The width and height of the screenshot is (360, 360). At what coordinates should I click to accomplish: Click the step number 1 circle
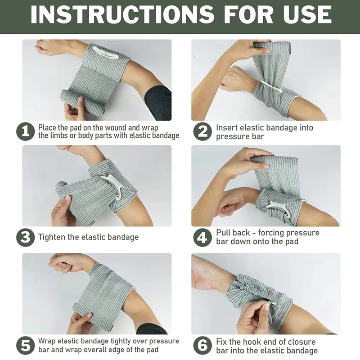pyautogui.click(x=25, y=131)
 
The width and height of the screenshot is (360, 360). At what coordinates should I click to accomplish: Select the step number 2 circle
pyautogui.click(x=202, y=131)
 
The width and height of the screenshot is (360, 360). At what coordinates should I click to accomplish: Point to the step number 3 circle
pyautogui.click(x=25, y=237)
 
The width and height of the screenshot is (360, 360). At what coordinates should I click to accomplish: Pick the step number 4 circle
pyautogui.click(x=202, y=237)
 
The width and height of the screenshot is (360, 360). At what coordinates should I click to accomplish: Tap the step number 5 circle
pyautogui.click(x=25, y=346)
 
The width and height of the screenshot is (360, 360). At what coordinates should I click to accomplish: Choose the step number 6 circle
pyautogui.click(x=202, y=346)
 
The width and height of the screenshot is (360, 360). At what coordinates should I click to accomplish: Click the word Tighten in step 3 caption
pyautogui.click(x=52, y=237)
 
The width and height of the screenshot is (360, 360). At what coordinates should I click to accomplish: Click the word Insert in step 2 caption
pyautogui.click(x=227, y=128)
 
